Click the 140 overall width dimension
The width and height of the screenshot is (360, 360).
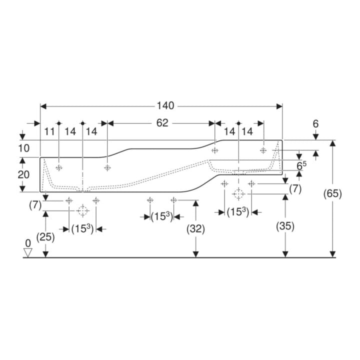point(165,106)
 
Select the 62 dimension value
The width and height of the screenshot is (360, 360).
point(162,123)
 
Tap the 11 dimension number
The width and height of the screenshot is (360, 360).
point(49,132)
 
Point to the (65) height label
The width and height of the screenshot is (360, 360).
point(332,193)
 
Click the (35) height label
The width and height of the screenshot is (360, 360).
point(285,226)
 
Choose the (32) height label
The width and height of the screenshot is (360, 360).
point(195,229)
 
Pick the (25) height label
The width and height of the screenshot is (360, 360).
point(45,237)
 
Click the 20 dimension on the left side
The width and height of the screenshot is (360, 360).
point(23,174)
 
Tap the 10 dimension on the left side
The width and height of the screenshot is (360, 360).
point(24,148)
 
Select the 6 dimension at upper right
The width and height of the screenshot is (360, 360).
point(315,124)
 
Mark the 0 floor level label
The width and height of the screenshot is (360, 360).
point(28,243)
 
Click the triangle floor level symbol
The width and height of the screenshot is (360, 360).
point(28,252)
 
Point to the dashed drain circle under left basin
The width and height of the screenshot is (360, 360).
point(82,211)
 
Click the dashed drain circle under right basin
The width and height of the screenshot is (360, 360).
point(238,194)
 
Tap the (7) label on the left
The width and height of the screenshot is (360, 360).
point(35,205)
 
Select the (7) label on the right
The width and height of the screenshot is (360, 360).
point(295,189)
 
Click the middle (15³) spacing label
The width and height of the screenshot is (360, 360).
point(162,216)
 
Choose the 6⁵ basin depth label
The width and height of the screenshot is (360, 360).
point(301,165)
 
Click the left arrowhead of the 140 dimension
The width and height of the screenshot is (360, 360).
point(43,106)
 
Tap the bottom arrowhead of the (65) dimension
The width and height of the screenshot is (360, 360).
point(332,254)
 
